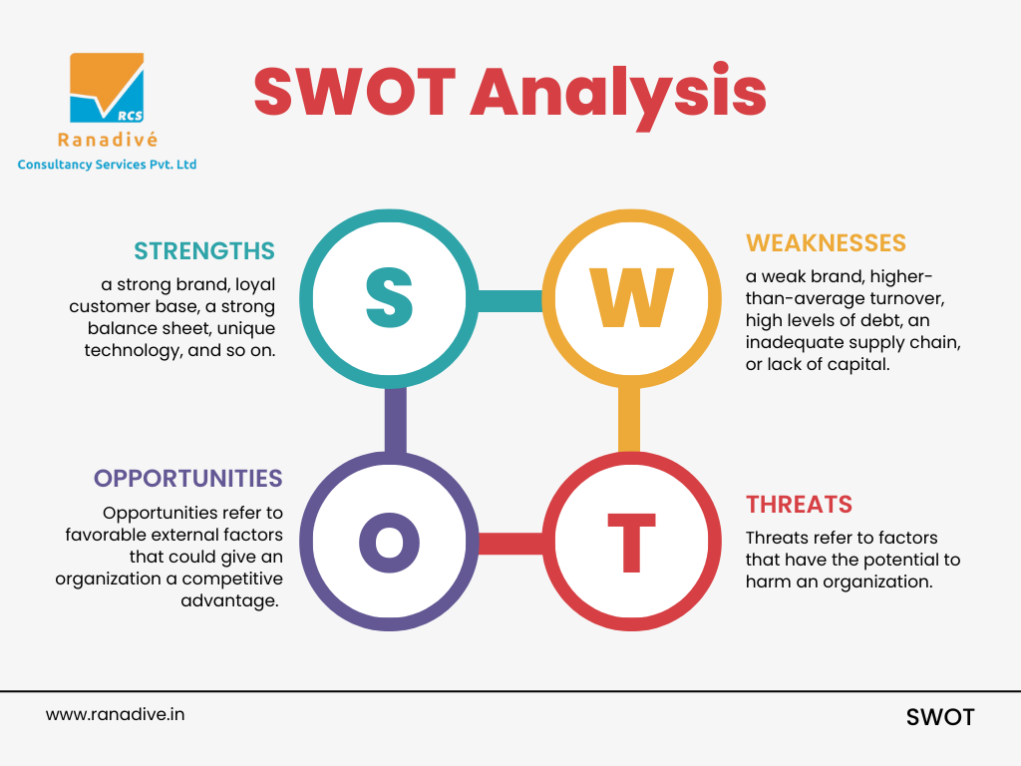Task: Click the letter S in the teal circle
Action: (x=390, y=298)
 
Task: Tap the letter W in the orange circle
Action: (x=631, y=297)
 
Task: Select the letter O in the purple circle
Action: (x=390, y=542)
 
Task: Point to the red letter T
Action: (x=631, y=542)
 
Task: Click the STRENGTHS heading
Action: (x=204, y=250)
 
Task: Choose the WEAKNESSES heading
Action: (x=826, y=243)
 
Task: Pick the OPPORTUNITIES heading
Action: (x=188, y=478)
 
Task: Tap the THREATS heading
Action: (x=799, y=504)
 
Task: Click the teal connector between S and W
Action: (x=510, y=300)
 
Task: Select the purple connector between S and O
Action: (x=395, y=420)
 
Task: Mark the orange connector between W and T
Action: (x=629, y=420)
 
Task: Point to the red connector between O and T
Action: (x=510, y=544)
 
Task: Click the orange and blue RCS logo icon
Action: (x=107, y=88)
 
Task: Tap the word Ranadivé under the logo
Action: (x=108, y=140)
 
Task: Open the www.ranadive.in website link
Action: (x=116, y=714)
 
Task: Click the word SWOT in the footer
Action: (x=940, y=717)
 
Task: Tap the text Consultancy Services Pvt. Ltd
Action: (x=107, y=165)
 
